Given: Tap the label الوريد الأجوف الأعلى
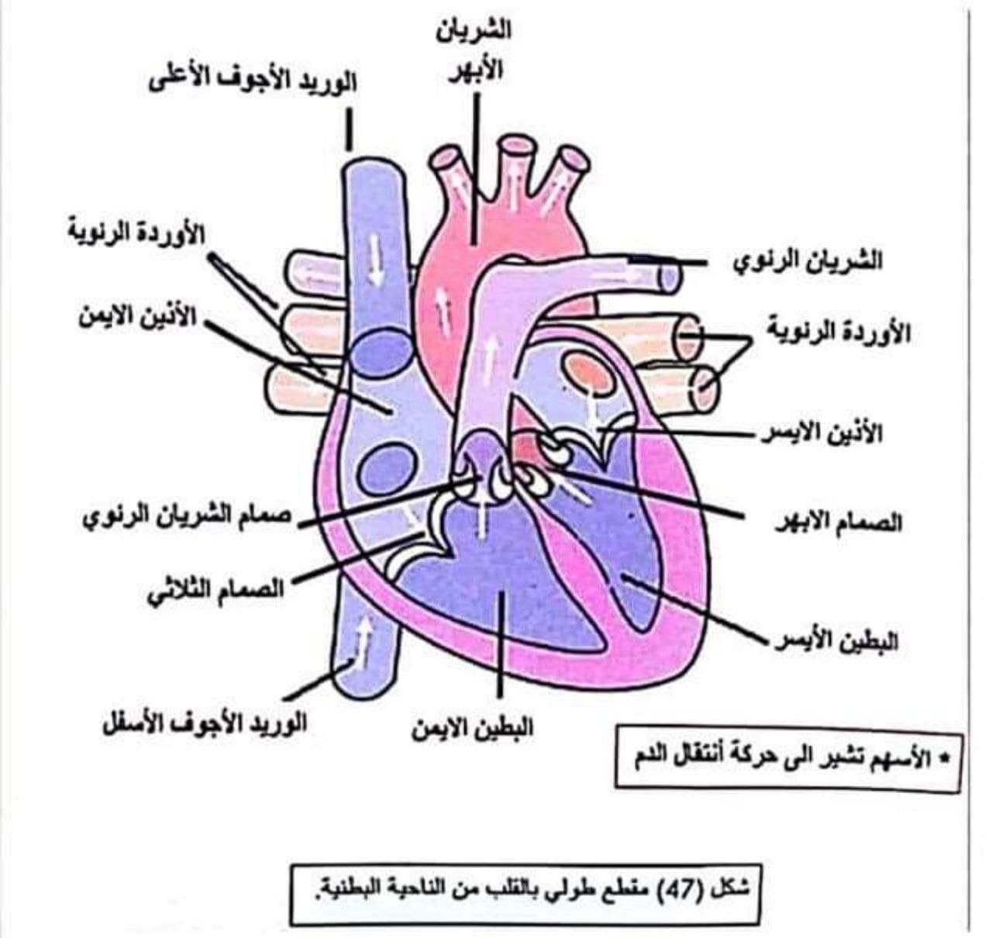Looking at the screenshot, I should click(x=253, y=81).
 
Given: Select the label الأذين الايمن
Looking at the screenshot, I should click(x=138, y=317).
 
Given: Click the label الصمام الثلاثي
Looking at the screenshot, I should click(x=215, y=590).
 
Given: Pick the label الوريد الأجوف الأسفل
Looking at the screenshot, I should click(x=204, y=724).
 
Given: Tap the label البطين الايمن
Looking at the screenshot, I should click(x=473, y=729).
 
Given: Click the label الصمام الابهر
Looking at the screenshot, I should click(x=839, y=522).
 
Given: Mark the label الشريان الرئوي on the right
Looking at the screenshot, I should click(x=808, y=261).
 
